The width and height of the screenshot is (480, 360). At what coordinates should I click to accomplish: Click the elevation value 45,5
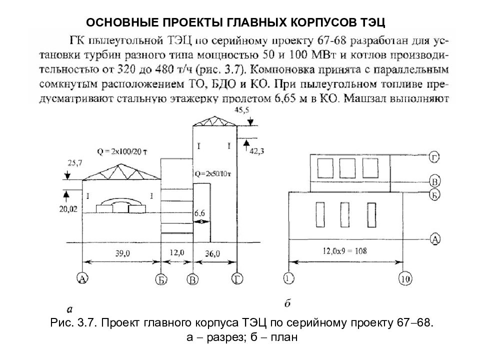(x=242, y=110)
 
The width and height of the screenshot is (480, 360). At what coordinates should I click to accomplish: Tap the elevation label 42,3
(x=257, y=150)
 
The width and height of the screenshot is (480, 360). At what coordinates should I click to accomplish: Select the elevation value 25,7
(x=75, y=163)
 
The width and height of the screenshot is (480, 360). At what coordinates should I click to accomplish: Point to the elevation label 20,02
(x=68, y=209)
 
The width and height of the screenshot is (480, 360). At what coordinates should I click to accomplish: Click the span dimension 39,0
(x=122, y=253)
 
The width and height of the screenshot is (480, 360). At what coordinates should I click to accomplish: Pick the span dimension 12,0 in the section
(x=177, y=253)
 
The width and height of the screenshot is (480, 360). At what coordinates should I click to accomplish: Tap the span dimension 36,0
(x=212, y=253)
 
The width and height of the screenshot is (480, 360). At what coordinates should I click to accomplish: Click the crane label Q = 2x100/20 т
(x=122, y=151)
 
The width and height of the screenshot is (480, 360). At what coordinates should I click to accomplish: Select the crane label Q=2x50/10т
(x=213, y=174)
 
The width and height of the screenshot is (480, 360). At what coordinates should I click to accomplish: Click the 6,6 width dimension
(x=199, y=213)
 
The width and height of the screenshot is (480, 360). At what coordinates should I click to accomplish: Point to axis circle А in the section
(x=82, y=278)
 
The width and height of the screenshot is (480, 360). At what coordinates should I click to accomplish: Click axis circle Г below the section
(x=237, y=279)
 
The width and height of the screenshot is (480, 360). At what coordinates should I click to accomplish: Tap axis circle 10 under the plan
(x=405, y=279)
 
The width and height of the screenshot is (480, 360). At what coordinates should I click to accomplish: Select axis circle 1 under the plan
(x=288, y=278)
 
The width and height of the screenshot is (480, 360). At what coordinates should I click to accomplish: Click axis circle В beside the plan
(x=434, y=181)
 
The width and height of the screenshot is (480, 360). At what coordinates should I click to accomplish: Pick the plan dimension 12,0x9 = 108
(x=344, y=251)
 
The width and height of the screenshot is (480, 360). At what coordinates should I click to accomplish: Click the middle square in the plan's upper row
(x=347, y=168)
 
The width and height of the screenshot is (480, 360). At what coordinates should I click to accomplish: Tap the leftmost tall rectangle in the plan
(x=320, y=214)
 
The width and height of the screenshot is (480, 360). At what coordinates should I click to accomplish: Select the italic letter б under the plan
(x=287, y=303)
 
